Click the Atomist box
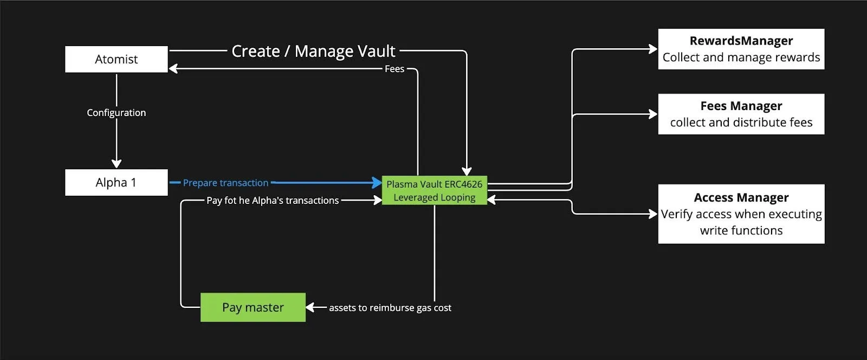(117, 59)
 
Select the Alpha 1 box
(117, 182)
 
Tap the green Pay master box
(253, 307)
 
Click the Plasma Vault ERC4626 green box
(434, 190)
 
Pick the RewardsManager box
(741, 49)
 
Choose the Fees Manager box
(741, 114)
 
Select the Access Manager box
(741, 214)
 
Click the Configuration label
(117, 113)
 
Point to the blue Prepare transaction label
(225, 183)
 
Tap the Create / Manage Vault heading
(314, 51)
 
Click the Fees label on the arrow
(394, 69)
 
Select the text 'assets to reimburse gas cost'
(390, 308)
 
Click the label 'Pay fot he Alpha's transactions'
(273, 201)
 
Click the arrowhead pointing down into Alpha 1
(117, 163)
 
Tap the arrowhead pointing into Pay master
(310, 307)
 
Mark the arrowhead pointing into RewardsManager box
(654, 49)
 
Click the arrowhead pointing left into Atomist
(173, 69)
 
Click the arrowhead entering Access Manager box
(654, 214)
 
